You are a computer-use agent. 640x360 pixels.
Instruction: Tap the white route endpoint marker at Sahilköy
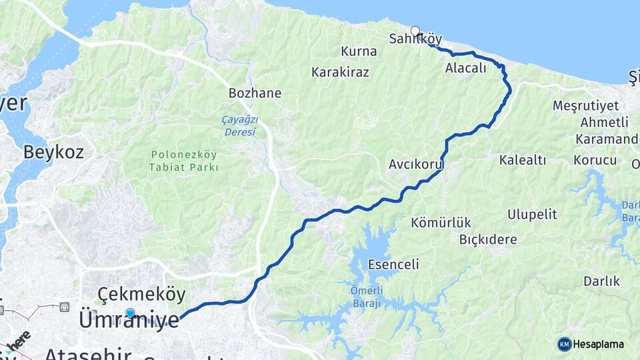point(415,31)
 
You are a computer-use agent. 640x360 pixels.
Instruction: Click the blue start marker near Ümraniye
point(130,313)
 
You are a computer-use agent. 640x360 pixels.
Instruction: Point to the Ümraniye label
point(129,320)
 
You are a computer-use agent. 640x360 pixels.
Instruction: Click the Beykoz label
point(53,152)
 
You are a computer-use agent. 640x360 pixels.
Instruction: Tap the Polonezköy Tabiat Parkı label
point(183,161)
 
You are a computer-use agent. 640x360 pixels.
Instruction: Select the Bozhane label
point(255,93)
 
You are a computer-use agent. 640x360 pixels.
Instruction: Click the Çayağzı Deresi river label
point(239,126)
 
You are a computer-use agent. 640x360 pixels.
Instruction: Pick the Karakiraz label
point(340,72)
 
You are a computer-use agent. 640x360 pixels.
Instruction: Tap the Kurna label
point(359,51)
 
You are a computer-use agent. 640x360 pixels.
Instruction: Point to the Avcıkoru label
point(416,163)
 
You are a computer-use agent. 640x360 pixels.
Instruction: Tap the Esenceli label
point(393,265)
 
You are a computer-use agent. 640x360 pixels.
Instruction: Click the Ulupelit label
point(532,215)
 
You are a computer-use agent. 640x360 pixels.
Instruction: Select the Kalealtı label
point(523,160)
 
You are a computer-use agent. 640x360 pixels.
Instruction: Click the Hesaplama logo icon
point(565,344)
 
